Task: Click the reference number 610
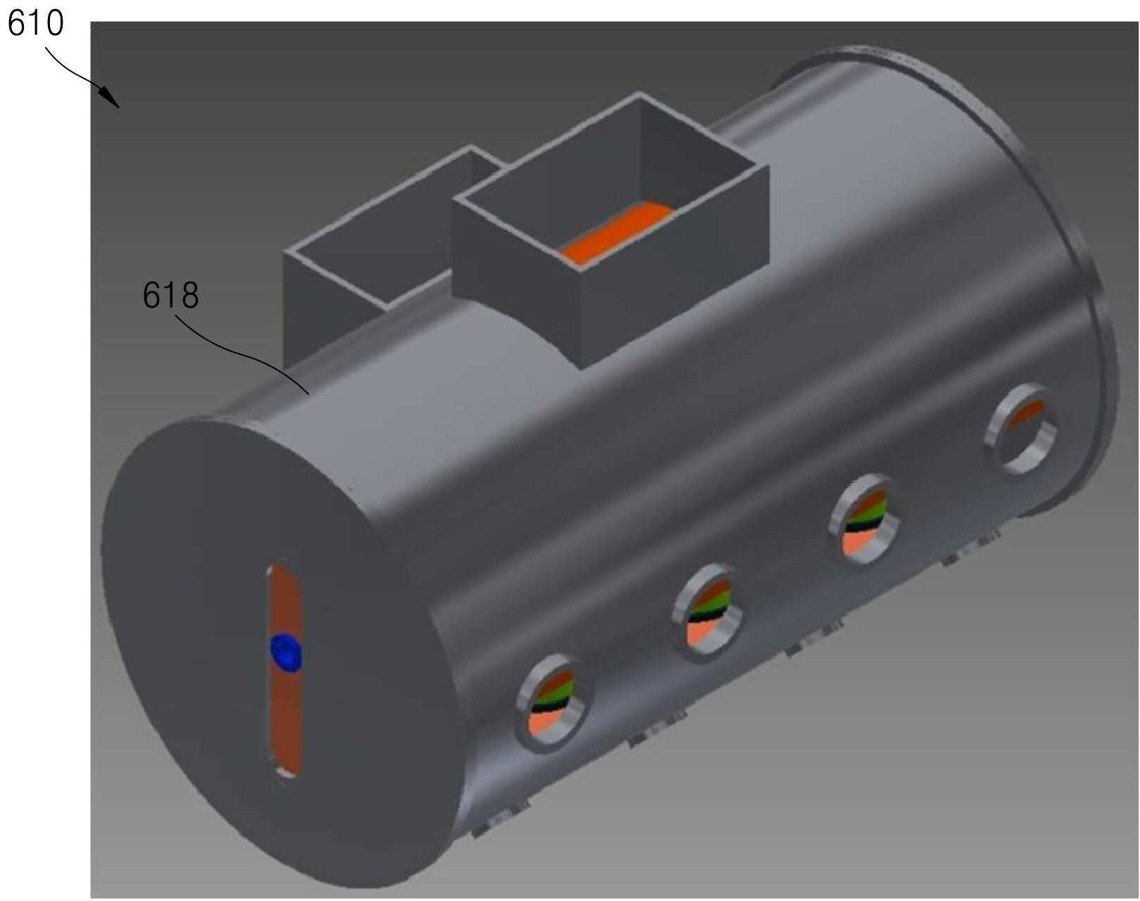tap(36, 23)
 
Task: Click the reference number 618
tap(170, 295)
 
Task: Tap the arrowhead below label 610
tap(110, 98)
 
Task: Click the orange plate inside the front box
tap(618, 231)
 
